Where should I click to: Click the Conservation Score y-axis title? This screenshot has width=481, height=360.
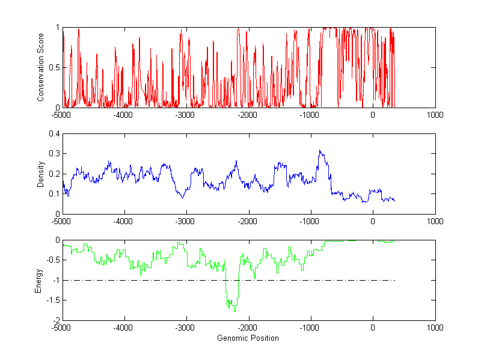pyautogui.click(x=40, y=67)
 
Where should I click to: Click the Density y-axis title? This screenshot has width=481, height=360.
pyautogui.click(x=40, y=174)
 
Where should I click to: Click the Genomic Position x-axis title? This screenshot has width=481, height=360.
pyautogui.click(x=248, y=338)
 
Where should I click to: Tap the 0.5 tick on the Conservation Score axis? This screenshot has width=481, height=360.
pyautogui.click(x=55, y=67)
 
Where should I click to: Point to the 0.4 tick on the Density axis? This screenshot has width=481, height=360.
pyautogui.click(x=55, y=134)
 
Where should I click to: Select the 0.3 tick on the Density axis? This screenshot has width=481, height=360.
pyautogui.click(x=55, y=154)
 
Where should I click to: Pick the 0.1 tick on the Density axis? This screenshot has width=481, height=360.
pyautogui.click(x=55, y=194)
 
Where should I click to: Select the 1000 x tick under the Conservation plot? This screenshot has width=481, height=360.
pyautogui.click(x=435, y=115)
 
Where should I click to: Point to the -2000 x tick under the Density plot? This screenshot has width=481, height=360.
pyautogui.click(x=248, y=221)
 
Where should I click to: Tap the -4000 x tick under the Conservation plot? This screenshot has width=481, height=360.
pyautogui.click(x=124, y=115)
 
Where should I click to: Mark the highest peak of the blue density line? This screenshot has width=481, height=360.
pyautogui.click(x=320, y=150)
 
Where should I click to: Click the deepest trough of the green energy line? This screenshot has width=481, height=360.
pyautogui.click(x=234, y=311)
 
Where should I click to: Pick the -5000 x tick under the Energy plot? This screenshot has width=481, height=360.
pyautogui.click(x=62, y=328)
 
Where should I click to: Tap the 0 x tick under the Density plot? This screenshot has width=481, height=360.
pyautogui.click(x=373, y=221)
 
